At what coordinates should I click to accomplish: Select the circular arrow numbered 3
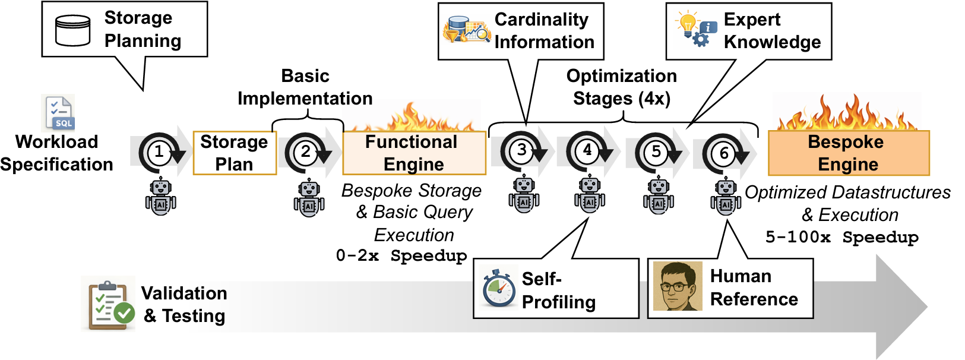tap(521, 151)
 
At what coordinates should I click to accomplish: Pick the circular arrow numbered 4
tap(587, 151)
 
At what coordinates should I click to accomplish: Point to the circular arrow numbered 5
tap(656, 152)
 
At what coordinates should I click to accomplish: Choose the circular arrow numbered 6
tap(724, 153)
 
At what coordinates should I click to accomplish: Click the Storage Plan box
tap(235, 153)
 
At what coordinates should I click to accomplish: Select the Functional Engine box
tap(414, 153)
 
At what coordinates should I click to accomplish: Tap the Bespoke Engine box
tap(848, 153)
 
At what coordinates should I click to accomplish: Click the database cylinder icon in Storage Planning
tap(72, 30)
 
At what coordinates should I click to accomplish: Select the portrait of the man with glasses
tap(678, 286)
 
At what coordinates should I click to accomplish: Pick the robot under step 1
tap(160, 197)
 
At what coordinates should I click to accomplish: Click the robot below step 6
tap(726, 197)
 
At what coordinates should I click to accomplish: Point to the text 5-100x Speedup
tap(841, 238)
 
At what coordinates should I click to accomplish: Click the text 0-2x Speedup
tap(401, 256)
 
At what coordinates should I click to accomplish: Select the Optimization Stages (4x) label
tap(621, 87)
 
